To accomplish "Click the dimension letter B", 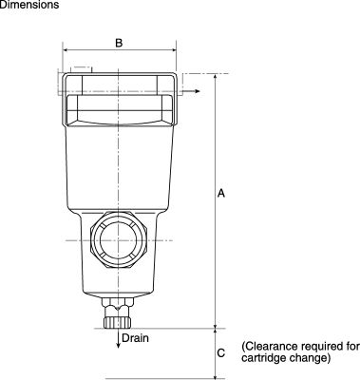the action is coord(119,43).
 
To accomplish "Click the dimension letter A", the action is coord(221,193).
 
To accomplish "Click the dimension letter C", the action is coord(221,352).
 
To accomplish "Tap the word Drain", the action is coord(135,338).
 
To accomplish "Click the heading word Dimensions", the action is coord(29,5).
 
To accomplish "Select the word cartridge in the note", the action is coord(262,358).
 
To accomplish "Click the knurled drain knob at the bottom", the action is coord(117,322).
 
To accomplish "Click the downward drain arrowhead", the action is coord(118,345).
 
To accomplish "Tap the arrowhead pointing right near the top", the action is coord(198,91).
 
